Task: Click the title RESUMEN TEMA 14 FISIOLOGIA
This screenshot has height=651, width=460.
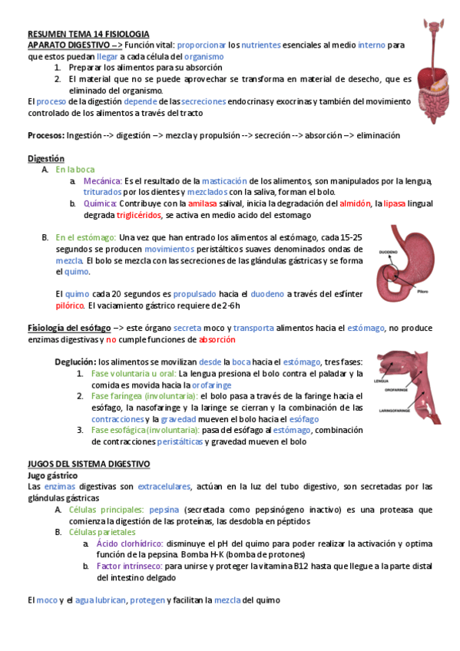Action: (88, 35)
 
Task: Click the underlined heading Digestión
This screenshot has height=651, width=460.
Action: (45, 158)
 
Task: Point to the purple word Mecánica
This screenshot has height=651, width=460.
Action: (101, 180)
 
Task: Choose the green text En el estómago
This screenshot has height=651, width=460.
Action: (86, 238)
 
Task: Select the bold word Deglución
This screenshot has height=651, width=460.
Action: (75, 362)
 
